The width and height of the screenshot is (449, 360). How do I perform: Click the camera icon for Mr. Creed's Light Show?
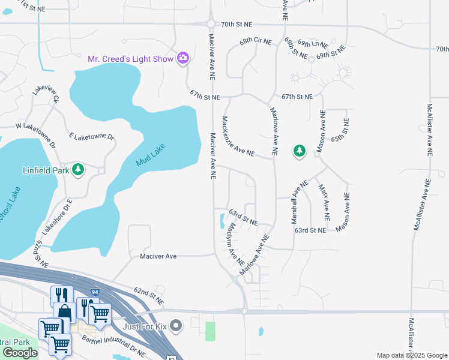183,58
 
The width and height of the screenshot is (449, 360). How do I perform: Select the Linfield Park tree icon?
78,170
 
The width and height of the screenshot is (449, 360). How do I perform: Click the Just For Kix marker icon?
176,326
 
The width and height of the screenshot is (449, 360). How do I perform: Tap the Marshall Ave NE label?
300,202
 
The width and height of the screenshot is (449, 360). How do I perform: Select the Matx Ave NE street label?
324,199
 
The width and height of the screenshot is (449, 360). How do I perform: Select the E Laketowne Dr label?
91,137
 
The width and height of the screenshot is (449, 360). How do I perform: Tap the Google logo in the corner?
20,352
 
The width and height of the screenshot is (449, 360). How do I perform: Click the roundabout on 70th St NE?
211,24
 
